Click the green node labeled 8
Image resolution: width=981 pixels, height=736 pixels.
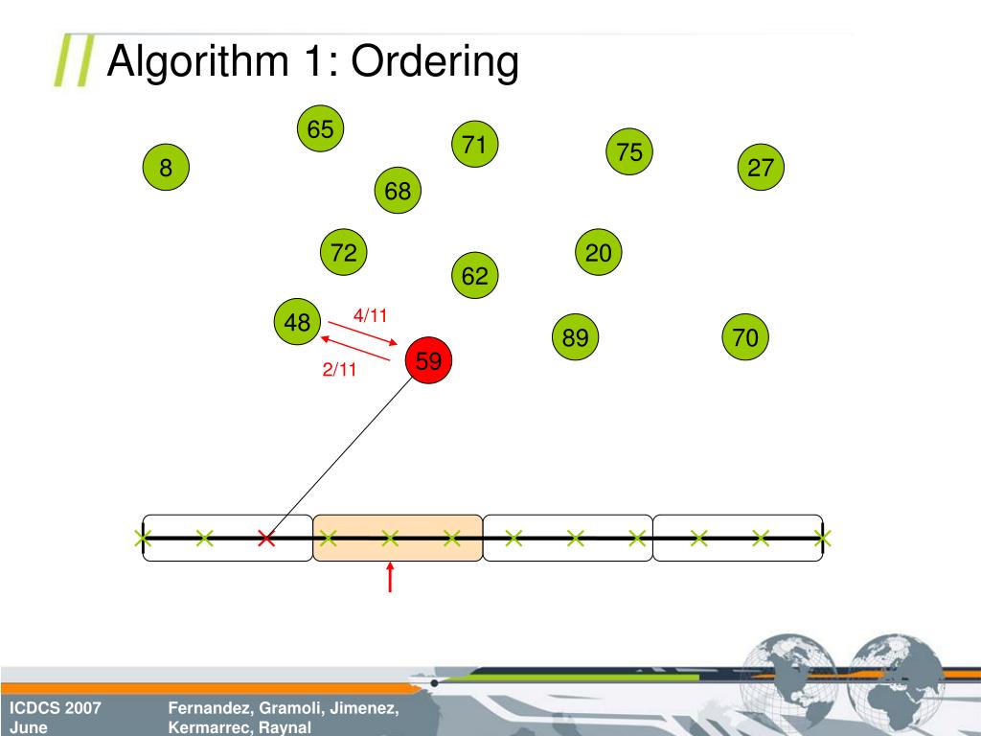(x=167, y=169)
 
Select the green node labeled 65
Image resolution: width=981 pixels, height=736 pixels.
(x=320, y=129)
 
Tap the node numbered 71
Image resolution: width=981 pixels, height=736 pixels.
(x=474, y=145)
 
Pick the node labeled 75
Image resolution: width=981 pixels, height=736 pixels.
(x=629, y=151)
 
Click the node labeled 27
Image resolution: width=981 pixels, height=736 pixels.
(x=761, y=168)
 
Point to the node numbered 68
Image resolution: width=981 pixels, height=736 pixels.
(x=398, y=192)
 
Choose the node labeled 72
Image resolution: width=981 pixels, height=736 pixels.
(x=344, y=253)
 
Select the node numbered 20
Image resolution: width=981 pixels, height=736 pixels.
(x=599, y=253)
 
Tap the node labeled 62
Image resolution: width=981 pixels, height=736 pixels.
(x=474, y=276)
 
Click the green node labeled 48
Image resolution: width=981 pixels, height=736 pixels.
(x=297, y=323)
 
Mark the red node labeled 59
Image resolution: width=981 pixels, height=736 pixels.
(x=428, y=361)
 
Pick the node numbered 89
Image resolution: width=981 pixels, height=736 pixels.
(x=575, y=337)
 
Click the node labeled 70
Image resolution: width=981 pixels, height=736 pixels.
(x=745, y=337)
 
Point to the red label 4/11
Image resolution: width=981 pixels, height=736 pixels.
(x=370, y=315)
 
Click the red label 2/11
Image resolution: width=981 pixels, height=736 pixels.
(x=339, y=370)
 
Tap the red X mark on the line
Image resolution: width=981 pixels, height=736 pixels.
(x=266, y=539)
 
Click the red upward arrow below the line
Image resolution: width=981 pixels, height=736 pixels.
(x=390, y=577)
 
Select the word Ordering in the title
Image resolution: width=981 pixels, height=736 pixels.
(x=435, y=62)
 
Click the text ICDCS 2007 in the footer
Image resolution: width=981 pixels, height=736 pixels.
(x=56, y=709)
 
